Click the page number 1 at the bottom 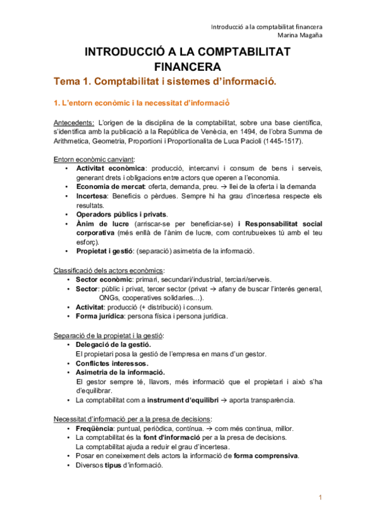(320, 497)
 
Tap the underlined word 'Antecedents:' (73, 122)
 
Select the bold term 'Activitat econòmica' (110, 169)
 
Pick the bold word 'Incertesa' (95, 196)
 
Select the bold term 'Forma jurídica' (100, 316)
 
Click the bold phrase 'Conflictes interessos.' (112, 363)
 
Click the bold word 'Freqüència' (94, 428)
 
